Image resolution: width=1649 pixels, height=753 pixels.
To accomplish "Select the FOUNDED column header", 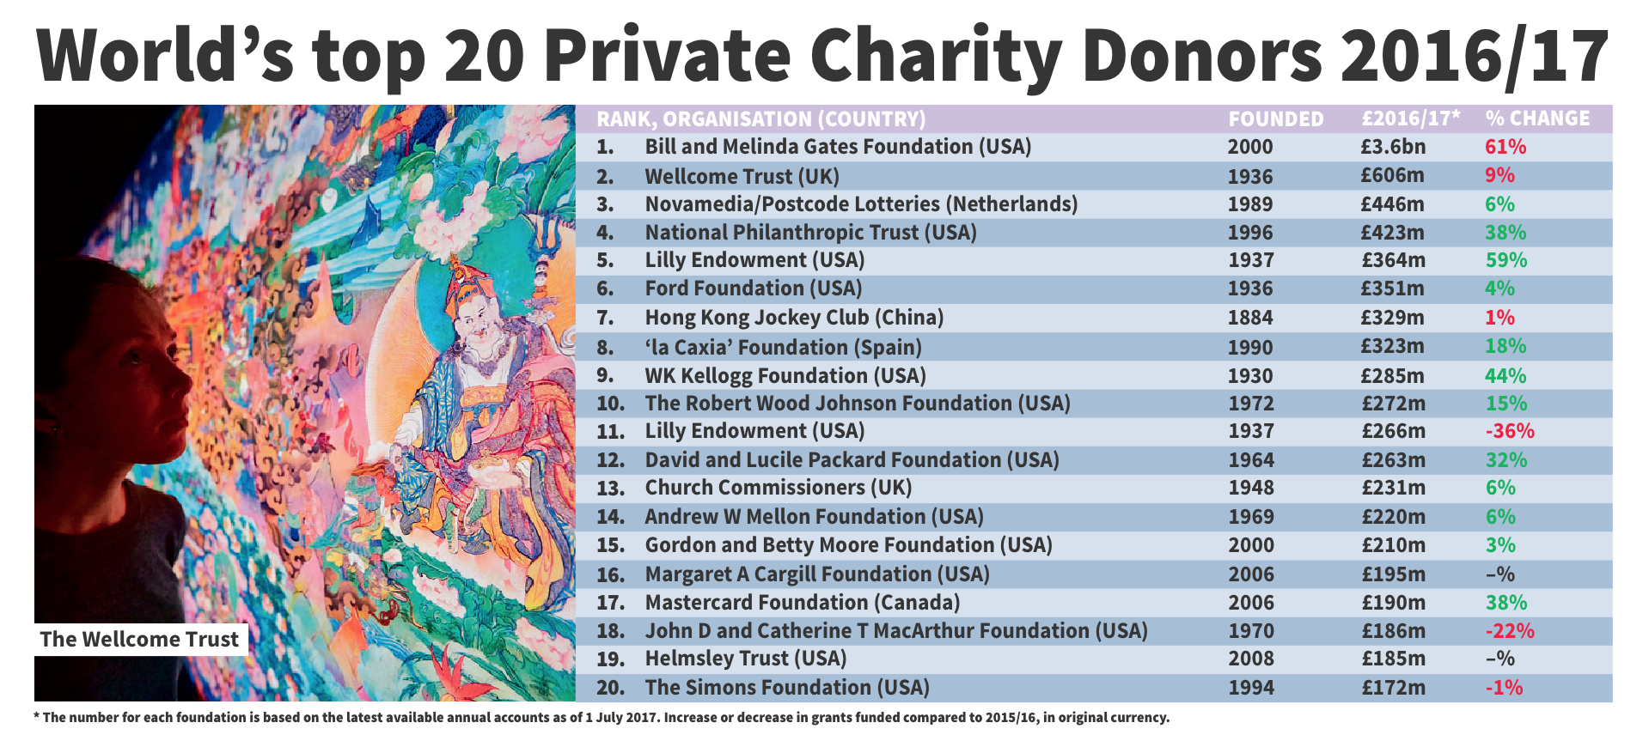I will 1275,118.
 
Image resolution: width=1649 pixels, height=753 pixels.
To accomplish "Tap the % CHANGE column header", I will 1537,118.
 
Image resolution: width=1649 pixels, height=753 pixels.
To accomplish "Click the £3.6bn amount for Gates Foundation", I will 1392,147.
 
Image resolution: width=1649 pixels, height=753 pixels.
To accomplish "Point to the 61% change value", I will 1505,147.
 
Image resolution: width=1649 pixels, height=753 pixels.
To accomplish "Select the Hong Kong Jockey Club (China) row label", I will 794,318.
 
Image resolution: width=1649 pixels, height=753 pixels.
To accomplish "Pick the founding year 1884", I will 1249,318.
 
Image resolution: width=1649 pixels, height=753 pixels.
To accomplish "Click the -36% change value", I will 1509,431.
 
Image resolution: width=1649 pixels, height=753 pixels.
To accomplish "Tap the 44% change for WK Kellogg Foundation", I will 1505,375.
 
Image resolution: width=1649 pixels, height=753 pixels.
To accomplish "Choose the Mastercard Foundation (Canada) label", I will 802,603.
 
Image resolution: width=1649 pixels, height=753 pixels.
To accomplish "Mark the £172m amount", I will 1392,688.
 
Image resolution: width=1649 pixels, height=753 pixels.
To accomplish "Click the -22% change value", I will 1509,631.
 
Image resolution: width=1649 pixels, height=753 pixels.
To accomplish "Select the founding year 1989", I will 1249,204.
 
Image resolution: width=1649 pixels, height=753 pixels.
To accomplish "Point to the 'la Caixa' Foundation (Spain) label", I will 783,347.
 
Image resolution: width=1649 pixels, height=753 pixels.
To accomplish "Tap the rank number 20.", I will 610,688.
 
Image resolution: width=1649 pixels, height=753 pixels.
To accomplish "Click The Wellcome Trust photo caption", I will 139,640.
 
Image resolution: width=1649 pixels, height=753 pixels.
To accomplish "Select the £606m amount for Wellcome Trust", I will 1392,176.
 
